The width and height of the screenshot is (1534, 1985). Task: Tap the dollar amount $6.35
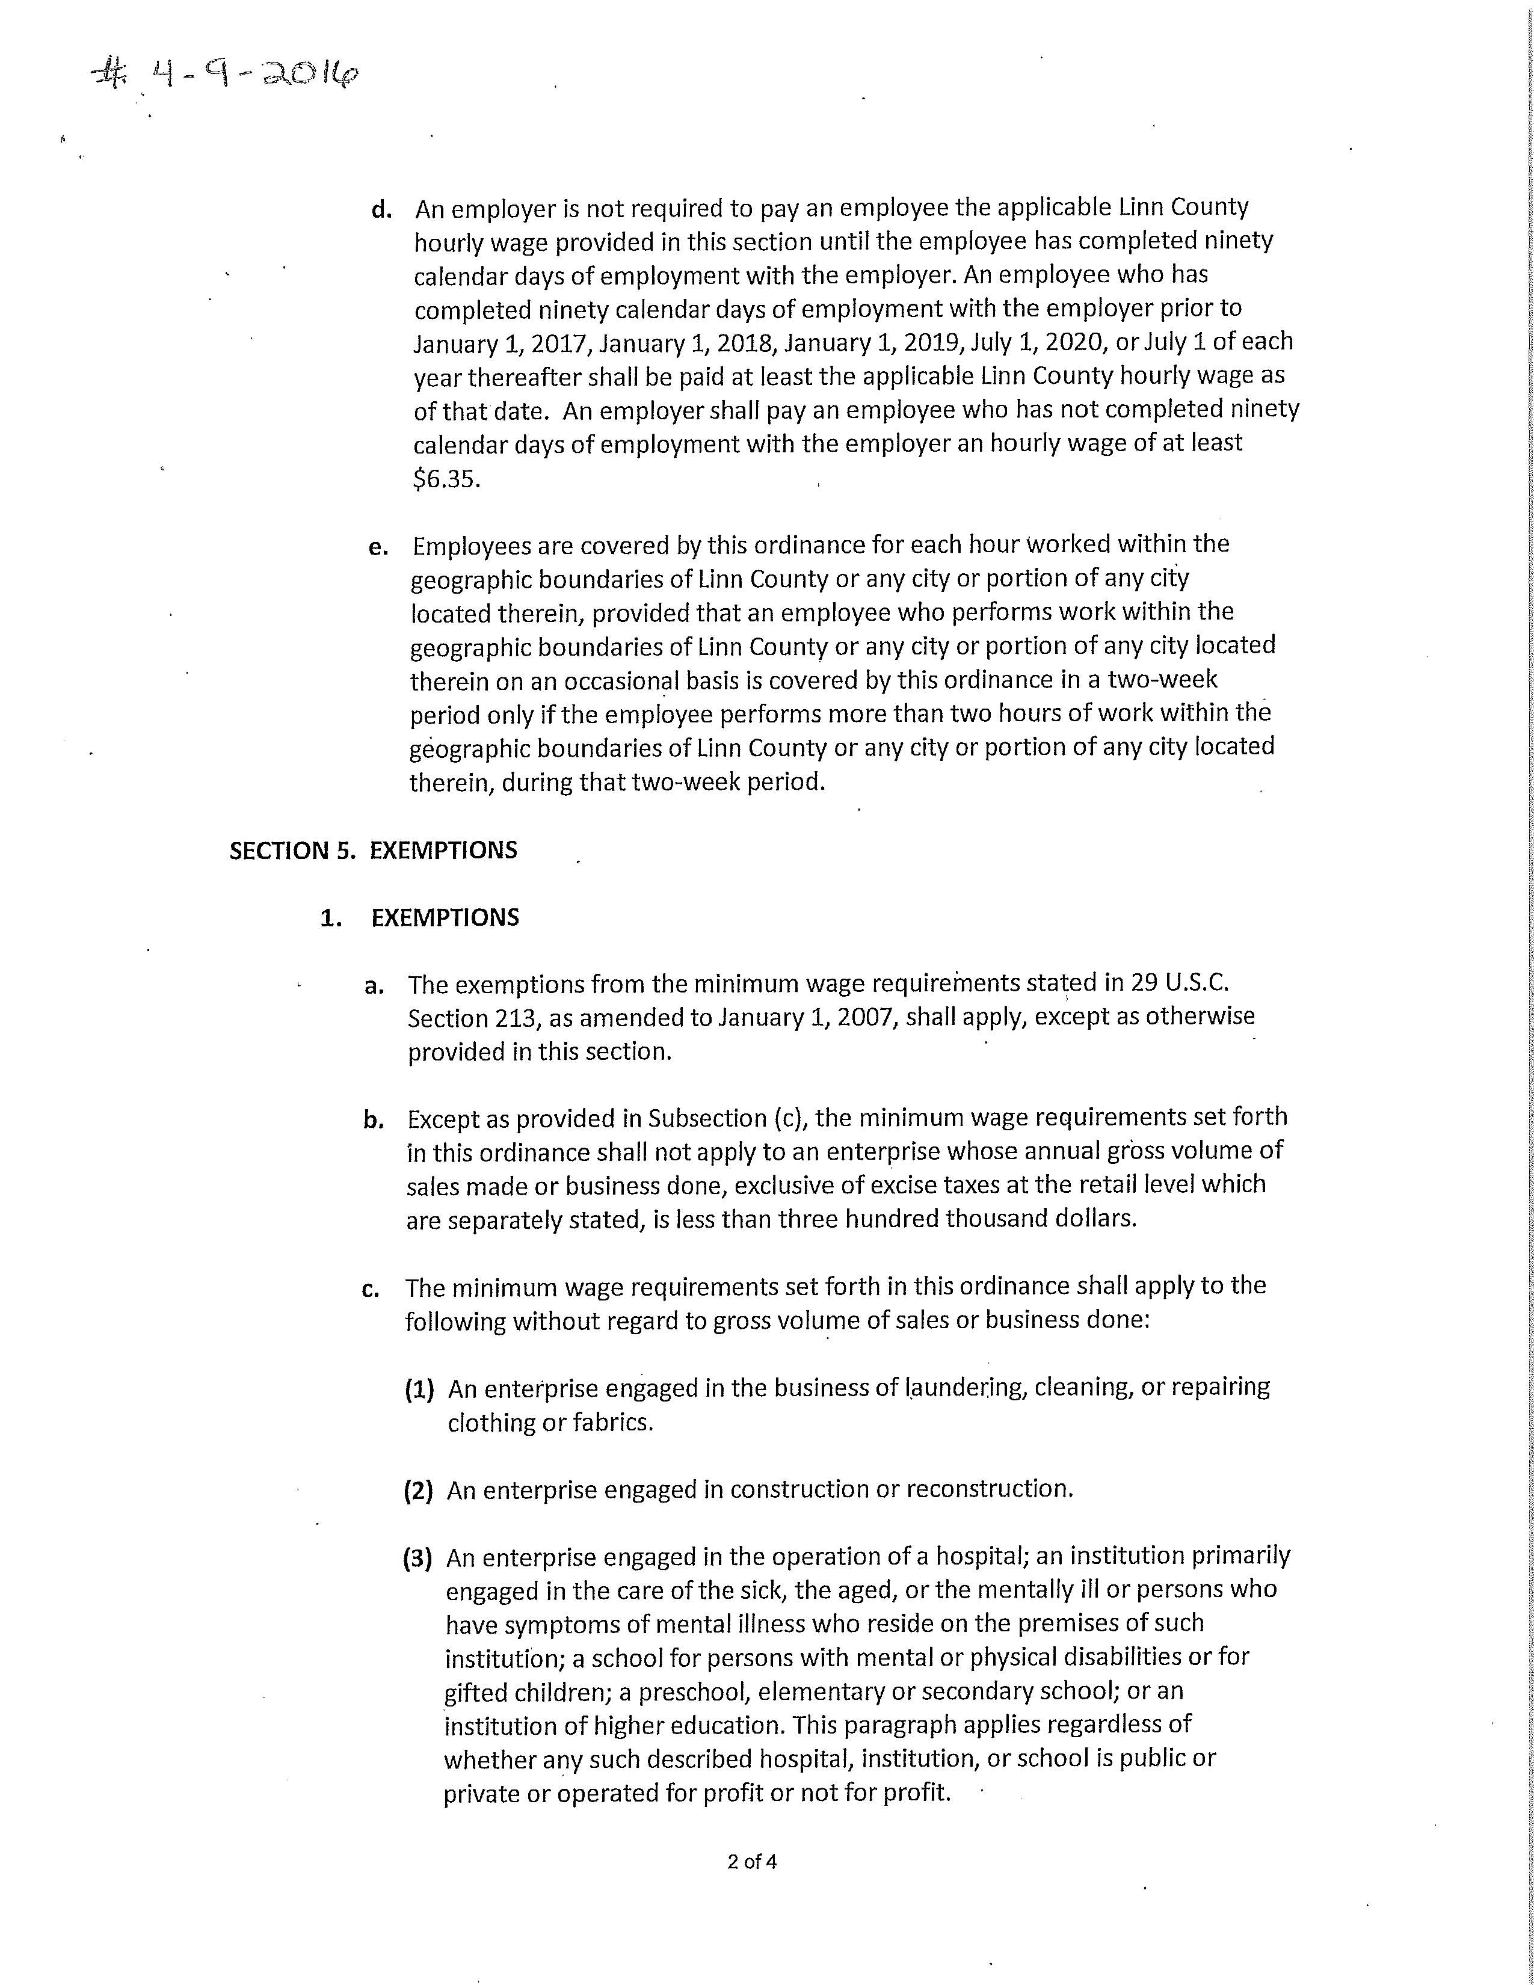(445, 479)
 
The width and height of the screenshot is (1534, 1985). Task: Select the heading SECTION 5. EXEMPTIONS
(372, 851)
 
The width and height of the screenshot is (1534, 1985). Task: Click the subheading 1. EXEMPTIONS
(420, 918)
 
